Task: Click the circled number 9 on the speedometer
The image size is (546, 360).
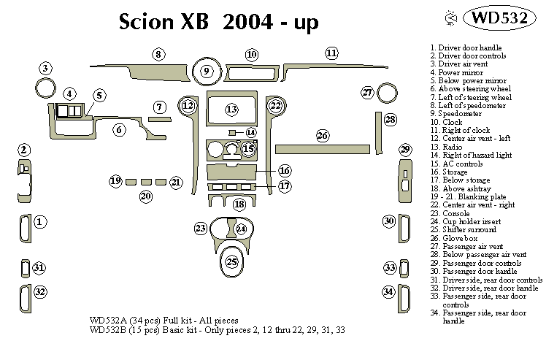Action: tap(207, 71)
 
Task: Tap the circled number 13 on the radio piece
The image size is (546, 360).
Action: tap(231, 110)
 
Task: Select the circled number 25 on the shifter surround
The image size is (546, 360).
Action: tap(232, 261)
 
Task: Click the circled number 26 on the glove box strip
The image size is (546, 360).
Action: tap(323, 135)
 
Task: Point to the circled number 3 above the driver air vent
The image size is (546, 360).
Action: tap(45, 69)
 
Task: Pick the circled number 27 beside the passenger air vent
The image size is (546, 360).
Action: tap(368, 93)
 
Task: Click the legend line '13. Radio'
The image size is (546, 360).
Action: tap(446, 147)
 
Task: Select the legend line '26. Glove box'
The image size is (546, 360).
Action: tap(455, 238)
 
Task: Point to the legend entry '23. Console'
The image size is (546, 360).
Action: tap(451, 213)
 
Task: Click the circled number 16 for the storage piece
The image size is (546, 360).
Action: tap(284, 170)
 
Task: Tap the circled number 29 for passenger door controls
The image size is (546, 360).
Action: tap(405, 150)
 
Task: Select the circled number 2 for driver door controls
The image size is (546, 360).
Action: tap(24, 150)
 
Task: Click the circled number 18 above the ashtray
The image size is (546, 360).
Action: tap(239, 204)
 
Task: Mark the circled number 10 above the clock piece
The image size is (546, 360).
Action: tap(252, 54)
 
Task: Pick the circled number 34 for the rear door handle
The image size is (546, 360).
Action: tap(389, 292)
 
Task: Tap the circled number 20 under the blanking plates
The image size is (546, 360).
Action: tap(146, 196)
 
